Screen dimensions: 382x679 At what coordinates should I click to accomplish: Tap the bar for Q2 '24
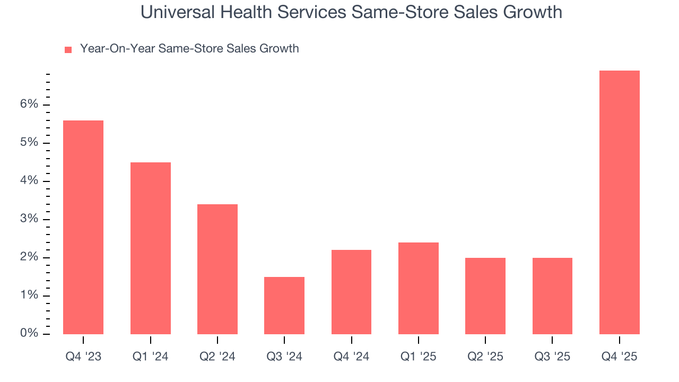pyautogui.click(x=217, y=269)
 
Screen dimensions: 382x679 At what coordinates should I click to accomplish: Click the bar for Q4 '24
pyautogui.click(x=351, y=292)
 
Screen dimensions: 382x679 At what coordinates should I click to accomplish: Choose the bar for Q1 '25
pyautogui.click(x=419, y=288)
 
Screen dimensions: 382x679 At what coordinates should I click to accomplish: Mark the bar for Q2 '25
pyautogui.click(x=485, y=296)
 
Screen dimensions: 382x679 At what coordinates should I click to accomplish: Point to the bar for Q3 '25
pyautogui.click(x=552, y=296)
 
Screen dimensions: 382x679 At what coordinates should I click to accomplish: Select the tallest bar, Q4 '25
pyautogui.click(x=620, y=202)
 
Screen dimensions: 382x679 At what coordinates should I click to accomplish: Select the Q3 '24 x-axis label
pyautogui.click(x=284, y=357)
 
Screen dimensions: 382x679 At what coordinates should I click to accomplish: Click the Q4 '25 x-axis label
pyautogui.click(x=620, y=357)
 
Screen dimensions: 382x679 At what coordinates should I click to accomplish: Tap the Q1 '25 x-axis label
pyautogui.click(x=419, y=357)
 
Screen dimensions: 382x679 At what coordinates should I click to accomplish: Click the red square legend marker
pyautogui.click(x=68, y=49)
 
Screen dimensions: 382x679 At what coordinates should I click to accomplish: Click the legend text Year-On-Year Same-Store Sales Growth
pyautogui.click(x=189, y=49)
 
